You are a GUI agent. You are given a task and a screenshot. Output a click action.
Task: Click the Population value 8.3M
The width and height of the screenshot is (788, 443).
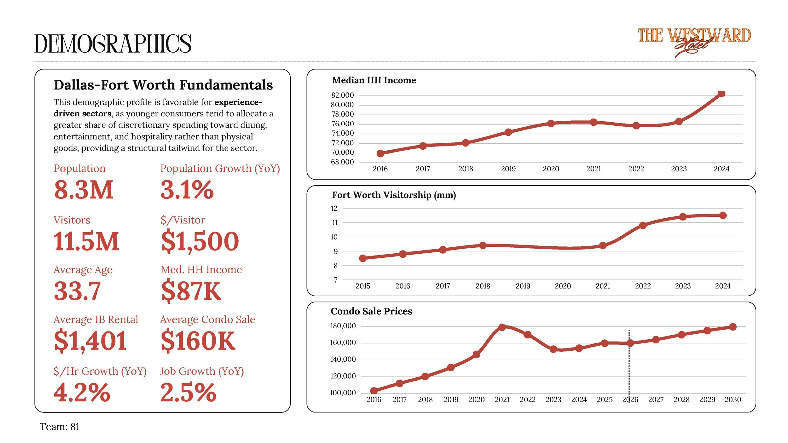[x=84, y=190]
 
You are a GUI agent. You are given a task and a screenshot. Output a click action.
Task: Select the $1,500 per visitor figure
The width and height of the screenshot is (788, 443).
[x=200, y=242]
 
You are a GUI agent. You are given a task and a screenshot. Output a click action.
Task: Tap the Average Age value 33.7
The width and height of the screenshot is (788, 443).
[x=77, y=291]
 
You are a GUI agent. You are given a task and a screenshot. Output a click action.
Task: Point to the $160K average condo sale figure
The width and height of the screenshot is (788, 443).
[x=198, y=341]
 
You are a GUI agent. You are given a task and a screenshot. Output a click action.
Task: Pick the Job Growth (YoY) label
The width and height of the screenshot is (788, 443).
[x=202, y=371]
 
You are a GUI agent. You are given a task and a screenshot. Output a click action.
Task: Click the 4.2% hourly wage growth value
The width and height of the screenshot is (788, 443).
[x=82, y=393]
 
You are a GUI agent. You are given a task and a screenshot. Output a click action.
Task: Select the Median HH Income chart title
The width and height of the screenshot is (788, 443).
[x=374, y=80]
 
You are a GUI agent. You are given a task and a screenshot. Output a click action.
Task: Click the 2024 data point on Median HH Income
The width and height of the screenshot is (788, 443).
[x=721, y=93]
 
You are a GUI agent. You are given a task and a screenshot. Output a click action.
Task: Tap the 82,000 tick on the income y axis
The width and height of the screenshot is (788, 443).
[x=342, y=95]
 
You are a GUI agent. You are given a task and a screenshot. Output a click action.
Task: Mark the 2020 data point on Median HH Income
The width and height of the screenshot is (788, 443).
[x=551, y=124]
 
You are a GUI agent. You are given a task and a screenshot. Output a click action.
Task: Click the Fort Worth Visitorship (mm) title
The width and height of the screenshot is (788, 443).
[x=394, y=195]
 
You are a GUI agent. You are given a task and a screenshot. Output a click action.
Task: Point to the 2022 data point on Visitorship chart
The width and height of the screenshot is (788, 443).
[x=643, y=225]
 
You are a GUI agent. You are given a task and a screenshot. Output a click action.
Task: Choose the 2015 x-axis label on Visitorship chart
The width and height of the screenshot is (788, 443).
[x=362, y=286]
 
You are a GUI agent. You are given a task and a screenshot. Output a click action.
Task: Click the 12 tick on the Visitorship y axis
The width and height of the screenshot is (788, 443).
[x=334, y=208]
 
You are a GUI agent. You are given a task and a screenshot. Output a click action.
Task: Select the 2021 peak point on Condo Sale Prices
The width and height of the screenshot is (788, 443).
[x=502, y=327]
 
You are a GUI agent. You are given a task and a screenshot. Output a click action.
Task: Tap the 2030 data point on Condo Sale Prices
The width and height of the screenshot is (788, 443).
[x=733, y=327]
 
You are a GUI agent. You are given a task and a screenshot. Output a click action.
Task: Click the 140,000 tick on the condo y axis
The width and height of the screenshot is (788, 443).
[x=343, y=360]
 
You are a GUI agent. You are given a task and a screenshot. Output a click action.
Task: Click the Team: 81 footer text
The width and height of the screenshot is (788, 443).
[x=60, y=427]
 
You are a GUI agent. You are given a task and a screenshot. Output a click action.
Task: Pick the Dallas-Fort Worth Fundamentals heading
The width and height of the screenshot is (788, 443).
[x=163, y=85]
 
